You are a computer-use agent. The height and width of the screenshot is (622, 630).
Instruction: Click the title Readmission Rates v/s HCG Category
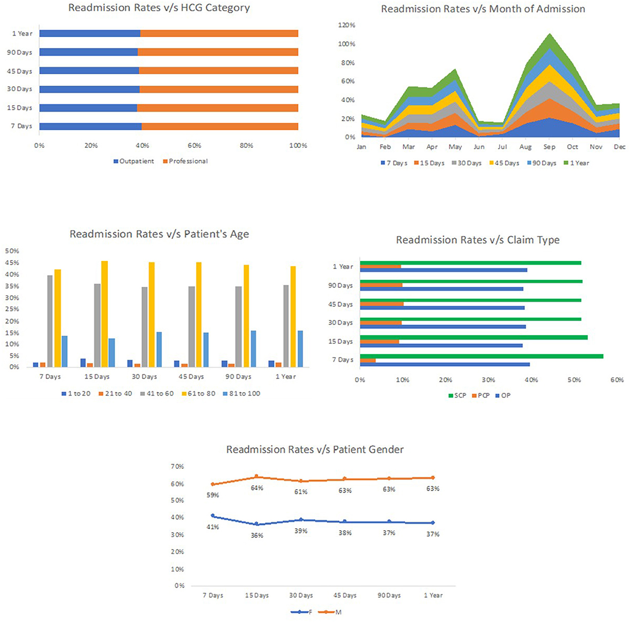pos(159,8)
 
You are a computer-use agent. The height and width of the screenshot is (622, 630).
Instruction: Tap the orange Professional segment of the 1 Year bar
pos(219,33)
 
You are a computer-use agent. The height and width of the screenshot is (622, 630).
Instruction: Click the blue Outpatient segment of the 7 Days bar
pos(90,126)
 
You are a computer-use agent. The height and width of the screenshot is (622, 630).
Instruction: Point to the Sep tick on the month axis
pos(549,147)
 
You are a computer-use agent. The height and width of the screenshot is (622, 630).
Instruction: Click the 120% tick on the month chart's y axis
pos(346,25)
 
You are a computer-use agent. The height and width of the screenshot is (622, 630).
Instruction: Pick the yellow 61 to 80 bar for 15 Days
pos(104,314)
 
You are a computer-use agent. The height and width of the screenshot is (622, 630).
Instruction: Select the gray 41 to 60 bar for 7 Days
pos(49,321)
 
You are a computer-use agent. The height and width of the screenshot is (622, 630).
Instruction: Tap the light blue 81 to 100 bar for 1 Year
pos(300,349)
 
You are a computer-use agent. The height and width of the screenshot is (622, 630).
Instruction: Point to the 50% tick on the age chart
pos(12,251)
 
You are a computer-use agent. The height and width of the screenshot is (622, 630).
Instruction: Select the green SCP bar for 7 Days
pos(481,356)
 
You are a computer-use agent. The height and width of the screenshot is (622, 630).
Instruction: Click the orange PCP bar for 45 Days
pos(382,304)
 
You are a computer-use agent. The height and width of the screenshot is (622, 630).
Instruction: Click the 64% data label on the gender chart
pos(257,488)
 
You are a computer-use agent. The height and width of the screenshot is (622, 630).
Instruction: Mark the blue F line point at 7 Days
pos(213,515)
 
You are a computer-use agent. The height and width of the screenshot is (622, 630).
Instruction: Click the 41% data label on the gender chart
pos(213,527)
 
